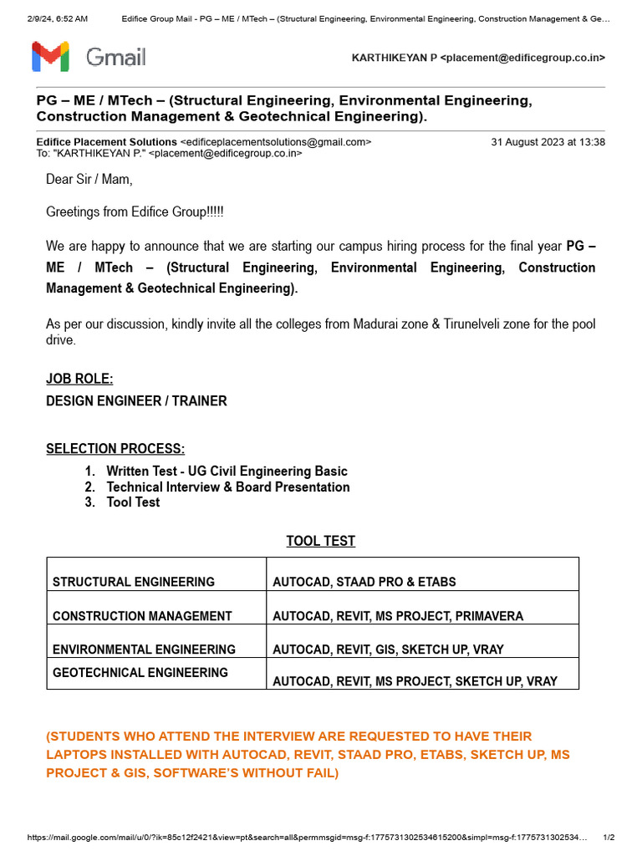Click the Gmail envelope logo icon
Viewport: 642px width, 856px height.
(50, 57)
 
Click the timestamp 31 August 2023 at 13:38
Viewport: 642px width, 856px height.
(548, 142)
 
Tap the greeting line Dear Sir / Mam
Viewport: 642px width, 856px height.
(89, 180)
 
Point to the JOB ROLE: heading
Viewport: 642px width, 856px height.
(79, 380)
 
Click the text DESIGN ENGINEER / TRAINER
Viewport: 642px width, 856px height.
(136, 401)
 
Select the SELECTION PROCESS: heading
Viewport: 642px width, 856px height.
(115, 450)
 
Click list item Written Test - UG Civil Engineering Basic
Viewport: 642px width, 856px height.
(227, 471)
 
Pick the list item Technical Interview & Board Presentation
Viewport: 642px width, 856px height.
(228, 487)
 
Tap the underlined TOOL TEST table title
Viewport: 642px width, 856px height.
(321, 542)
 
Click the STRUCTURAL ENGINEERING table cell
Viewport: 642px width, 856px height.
(134, 582)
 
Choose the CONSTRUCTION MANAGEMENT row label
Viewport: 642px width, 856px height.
(142, 616)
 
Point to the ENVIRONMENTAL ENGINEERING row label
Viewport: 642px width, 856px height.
(144, 650)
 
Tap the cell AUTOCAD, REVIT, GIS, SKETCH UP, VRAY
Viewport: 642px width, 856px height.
(388, 650)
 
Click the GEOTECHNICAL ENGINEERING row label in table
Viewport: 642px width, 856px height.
(140, 673)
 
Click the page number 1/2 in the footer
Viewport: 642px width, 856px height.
(609, 838)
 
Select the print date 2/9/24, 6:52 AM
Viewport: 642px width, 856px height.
(57, 18)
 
